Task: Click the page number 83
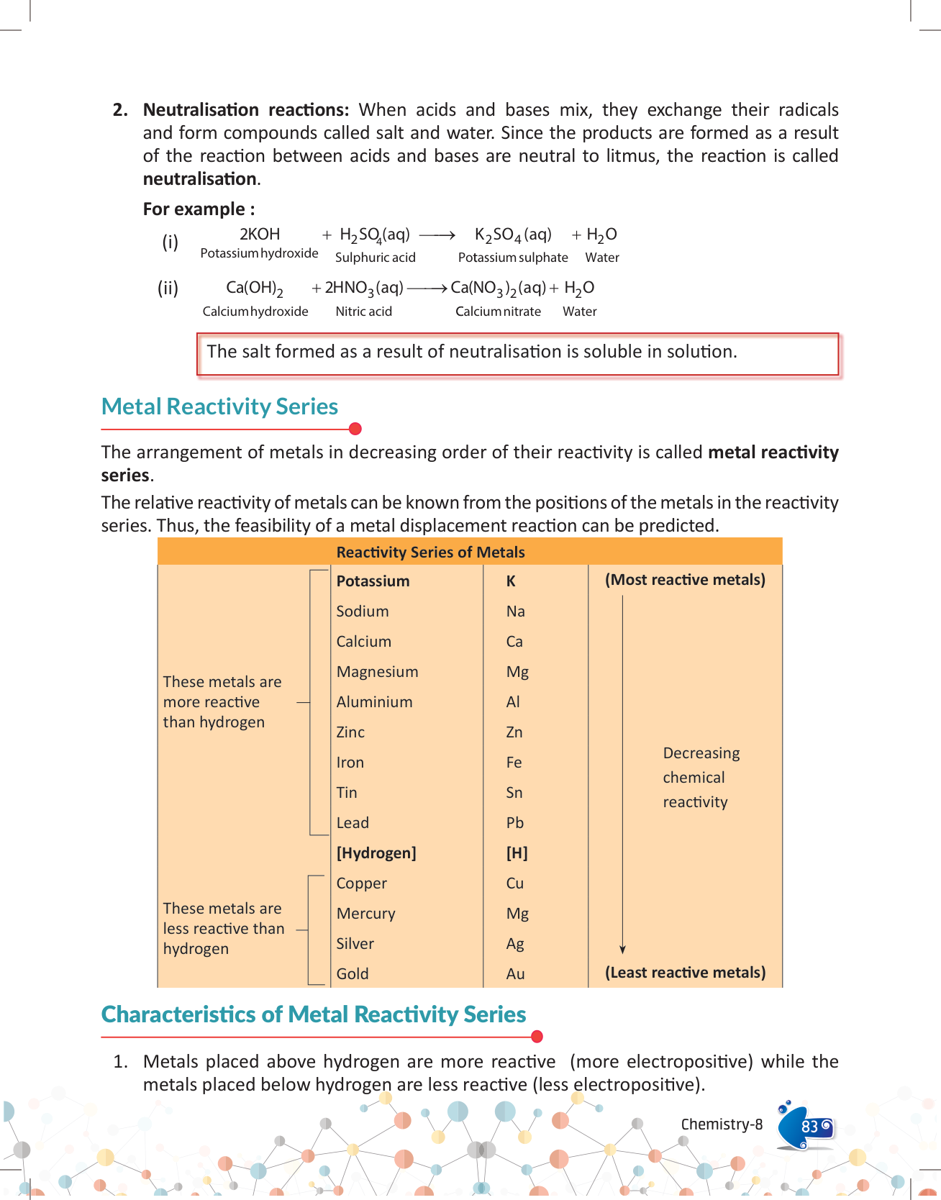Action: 809,1126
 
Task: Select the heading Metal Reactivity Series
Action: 219,406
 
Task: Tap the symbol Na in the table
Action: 515,612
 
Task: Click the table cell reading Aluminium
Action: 374,702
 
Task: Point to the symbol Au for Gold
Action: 515,974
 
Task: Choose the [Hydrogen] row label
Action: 376,853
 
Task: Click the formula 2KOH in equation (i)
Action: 259,235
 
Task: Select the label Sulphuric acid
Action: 375,258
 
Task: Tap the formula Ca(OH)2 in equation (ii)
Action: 254,288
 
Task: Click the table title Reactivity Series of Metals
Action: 430,553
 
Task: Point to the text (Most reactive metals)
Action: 685,580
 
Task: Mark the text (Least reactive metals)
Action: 685,973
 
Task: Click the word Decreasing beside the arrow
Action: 701,753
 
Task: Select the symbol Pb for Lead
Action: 514,823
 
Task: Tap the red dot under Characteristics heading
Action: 536,1037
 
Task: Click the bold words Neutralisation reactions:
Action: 245,110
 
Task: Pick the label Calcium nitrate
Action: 498,312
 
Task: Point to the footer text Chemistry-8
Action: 722,1124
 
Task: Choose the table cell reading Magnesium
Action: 377,672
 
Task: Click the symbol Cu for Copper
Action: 514,883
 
